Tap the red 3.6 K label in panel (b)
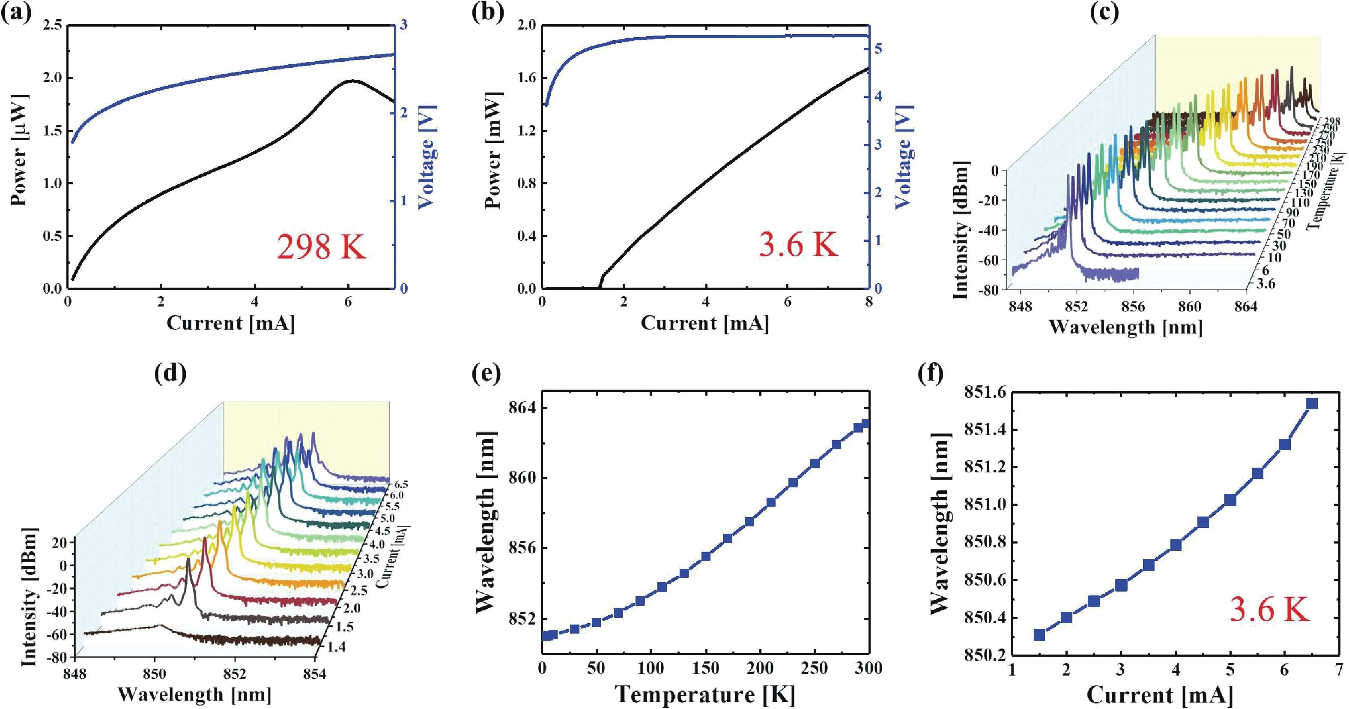[798, 244]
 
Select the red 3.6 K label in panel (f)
[1269, 610]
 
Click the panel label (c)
[1104, 12]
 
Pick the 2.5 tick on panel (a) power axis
[51, 25]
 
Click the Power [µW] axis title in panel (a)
[19, 151]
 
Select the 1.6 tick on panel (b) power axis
[526, 78]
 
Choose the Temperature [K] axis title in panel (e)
[705, 694]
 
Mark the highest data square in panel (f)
[1312, 403]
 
